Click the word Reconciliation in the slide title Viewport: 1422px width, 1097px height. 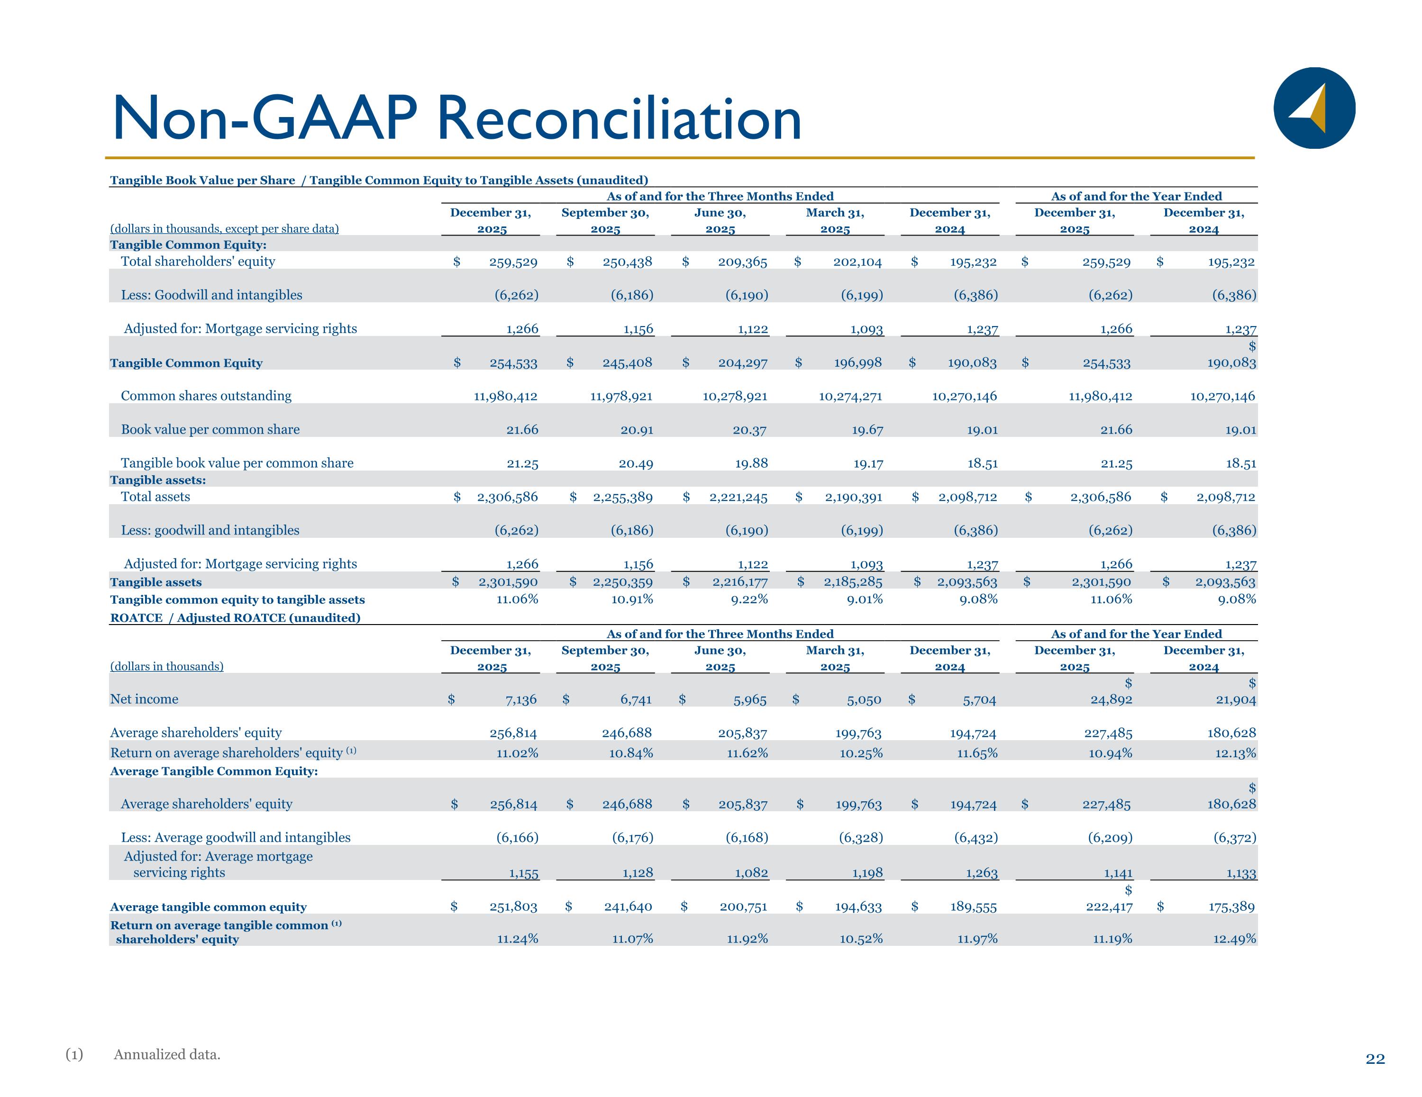pyautogui.click(x=619, y=118)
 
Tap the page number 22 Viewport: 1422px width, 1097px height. pyautogui.click(x=1375, y=1059)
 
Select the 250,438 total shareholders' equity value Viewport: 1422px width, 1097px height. pyautogui.click(x=627, y=262)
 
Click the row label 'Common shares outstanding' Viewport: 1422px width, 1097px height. pyautogui.click(x=206, y=396)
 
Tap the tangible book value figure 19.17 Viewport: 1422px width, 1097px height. pyautogui.click(x=868, y=463)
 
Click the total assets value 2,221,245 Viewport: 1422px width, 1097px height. pyautogui.click(x=738, y=498)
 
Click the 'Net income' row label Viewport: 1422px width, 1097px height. pyautogui.click(x=144, y=699)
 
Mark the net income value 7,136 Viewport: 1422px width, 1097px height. pyautogui.click(x=521, y=700)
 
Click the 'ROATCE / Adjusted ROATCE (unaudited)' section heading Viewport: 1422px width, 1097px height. pyautogui.click(x=235, y=618)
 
